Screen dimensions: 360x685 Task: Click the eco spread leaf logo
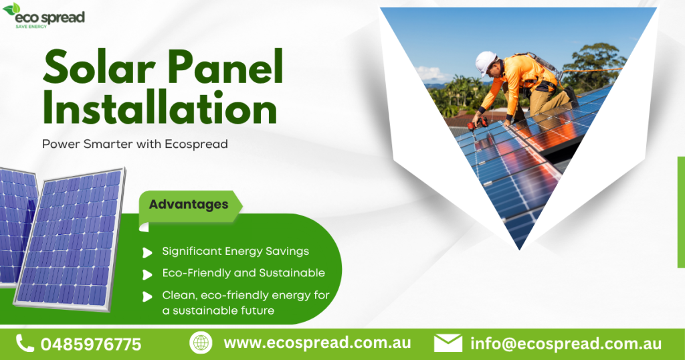coord(11,9)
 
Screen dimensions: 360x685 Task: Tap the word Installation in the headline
coord(159,108)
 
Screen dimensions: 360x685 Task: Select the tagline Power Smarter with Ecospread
coord(134,144)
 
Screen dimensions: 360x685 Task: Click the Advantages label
coord(188,204)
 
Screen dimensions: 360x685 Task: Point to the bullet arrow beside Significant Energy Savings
coord(147,252)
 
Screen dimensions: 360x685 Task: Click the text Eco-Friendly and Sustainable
coord(243,273)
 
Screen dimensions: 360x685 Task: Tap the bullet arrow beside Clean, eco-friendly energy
coord(147,296)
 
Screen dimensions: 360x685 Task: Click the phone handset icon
coord(25,343)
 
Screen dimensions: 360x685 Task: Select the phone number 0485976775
coord(91,345)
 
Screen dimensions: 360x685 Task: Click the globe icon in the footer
coord(201,343)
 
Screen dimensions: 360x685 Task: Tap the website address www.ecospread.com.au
coord(317,343)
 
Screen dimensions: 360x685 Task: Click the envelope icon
coord(448,343)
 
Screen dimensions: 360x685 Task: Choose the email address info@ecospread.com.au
coord(565,344)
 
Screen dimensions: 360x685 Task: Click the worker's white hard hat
coord(486,62)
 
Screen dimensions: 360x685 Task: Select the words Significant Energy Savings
coord(235,252)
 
